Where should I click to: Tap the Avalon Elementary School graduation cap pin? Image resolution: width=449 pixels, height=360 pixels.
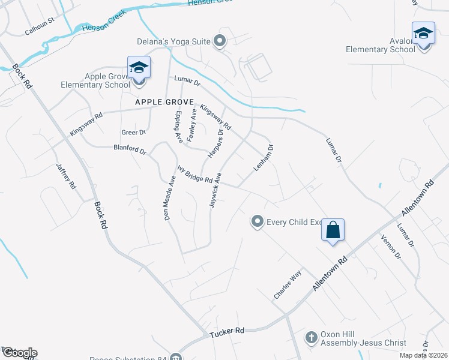423,33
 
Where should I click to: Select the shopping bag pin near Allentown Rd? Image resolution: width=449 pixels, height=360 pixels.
333,230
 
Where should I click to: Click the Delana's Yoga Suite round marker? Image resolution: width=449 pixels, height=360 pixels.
220,41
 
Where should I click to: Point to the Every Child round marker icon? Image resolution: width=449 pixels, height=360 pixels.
258,222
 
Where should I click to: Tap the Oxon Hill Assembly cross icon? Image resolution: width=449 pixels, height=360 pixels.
311,338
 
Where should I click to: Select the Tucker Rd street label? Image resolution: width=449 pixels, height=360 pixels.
227,331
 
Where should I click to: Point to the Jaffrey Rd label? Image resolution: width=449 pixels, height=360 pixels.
66,177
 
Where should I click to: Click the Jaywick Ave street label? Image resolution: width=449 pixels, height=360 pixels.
215,190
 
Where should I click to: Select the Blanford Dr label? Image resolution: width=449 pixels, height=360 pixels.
130,149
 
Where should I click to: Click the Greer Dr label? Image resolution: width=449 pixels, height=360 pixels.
133,132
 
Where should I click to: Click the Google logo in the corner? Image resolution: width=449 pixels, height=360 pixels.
19,352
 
